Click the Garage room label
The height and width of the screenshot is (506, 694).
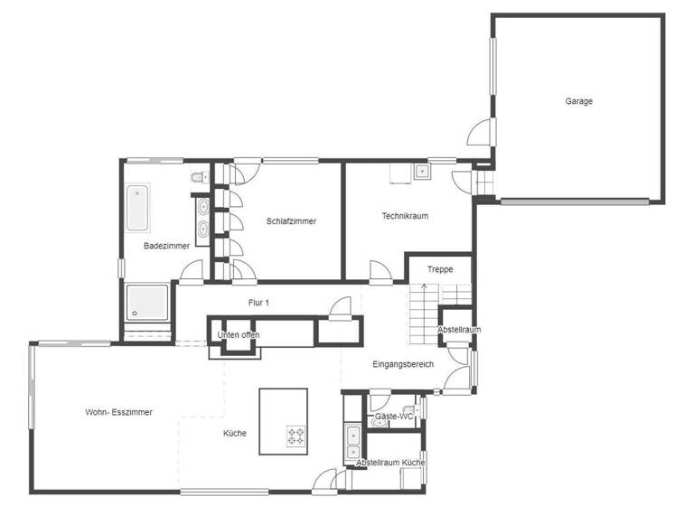[579, 101]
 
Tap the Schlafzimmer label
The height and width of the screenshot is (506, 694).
[291, 221]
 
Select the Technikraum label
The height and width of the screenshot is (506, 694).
[404, 216]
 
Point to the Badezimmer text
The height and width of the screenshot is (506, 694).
[166, 246]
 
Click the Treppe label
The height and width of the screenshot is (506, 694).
[440, 269]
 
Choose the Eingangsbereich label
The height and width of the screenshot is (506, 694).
[403, 364]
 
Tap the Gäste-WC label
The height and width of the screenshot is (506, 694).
[394, 417]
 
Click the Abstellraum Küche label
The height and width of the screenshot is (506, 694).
[390, 463]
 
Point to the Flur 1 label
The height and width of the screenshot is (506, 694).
[258, 303]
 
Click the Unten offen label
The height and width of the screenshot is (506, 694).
[239, 335]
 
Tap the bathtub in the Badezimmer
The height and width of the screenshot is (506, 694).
[138, 208]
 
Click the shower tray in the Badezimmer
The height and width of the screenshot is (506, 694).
[146, 303]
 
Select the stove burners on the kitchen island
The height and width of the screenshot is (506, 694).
[296, 436]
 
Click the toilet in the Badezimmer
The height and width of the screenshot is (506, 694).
[199, 177]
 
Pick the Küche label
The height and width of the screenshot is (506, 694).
[235, 434]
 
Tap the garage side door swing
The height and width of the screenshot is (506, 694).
[480, 133]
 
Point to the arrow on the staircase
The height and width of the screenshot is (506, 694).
[425, 290]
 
